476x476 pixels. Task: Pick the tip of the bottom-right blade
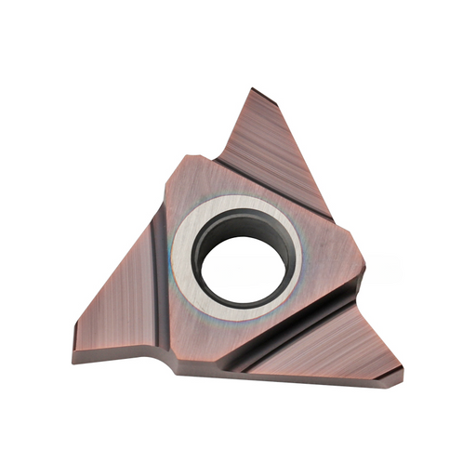(400, 377)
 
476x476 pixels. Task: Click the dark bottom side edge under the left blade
(121, 359)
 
